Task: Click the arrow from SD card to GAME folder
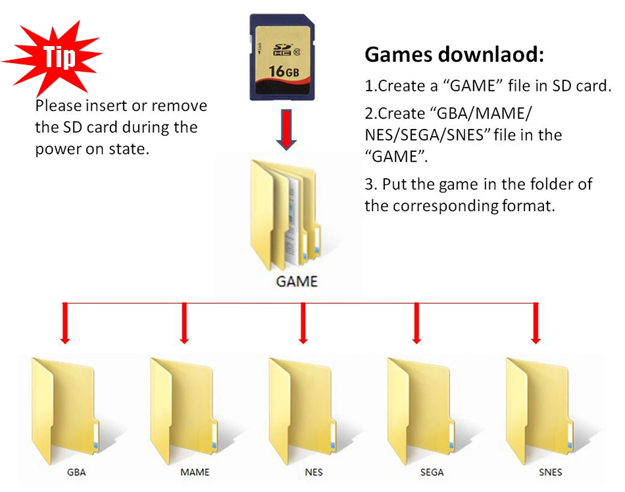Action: [284, 129]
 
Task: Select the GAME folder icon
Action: [288, 213]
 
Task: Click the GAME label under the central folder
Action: [297, 282]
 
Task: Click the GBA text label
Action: [76, 472]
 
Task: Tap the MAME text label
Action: [195, 472]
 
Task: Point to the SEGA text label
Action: [432, 472]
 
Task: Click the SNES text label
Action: [549, 472]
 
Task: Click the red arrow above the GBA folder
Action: [64, 323]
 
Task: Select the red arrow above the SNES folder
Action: [536, 323]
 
